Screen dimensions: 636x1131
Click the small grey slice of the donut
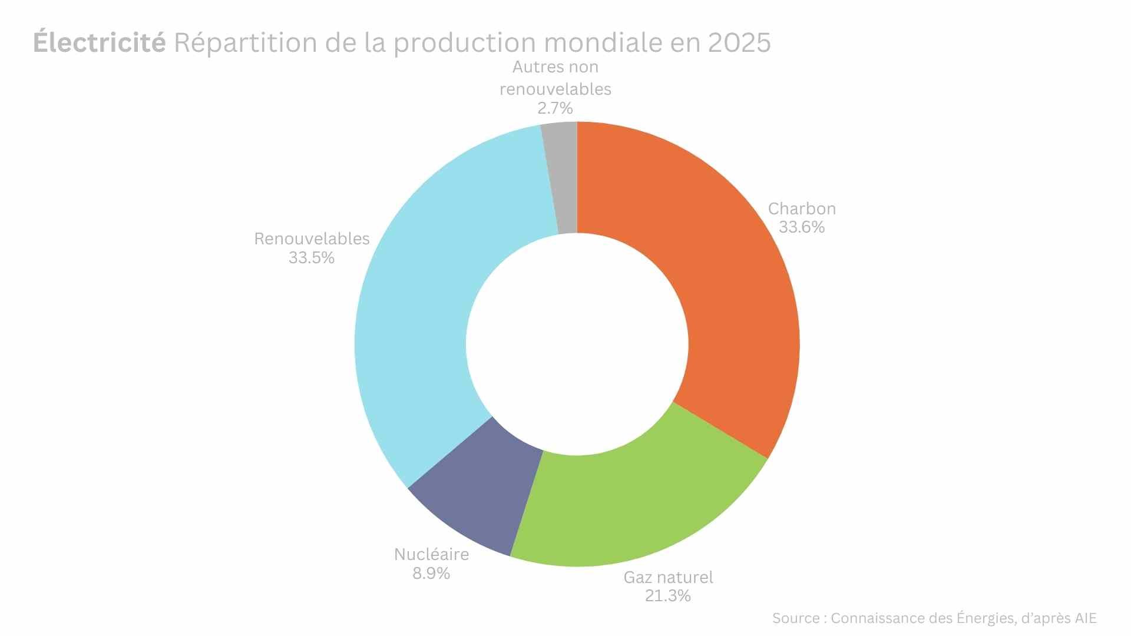(563, 177)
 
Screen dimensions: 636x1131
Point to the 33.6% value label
(802, 227)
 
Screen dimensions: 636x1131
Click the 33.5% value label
(312, 258)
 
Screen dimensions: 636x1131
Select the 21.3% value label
(667, 596)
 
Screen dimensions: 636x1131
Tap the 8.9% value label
(431, 574)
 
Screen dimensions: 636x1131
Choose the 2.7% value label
(555, 108)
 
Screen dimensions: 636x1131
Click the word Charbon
(802, 208)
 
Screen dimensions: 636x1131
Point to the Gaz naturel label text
(668, 577)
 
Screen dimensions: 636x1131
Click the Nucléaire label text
(431, 555)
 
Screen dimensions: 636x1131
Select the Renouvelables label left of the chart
(312, 238)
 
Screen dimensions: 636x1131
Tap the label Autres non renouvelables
(555, 78)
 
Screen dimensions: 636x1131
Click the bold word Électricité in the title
(99, 42)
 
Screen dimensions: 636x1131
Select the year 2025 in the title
(739, 42)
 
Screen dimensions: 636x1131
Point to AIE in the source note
(1085, 618)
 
